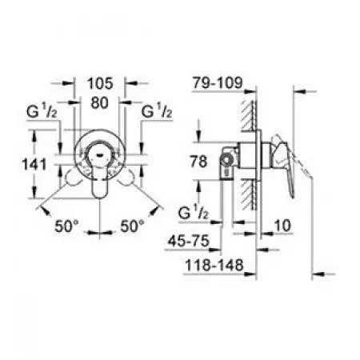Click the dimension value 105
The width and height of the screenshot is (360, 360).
pos(100,83)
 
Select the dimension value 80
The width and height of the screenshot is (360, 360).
pos(100,102)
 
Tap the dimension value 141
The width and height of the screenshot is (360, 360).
pos(34,164)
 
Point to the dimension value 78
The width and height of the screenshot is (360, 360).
pos(198,162)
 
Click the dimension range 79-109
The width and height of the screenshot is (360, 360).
pos(218,82)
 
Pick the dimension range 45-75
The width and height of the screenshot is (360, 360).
pos(189,241)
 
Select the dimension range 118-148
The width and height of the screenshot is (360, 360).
pos(214,266)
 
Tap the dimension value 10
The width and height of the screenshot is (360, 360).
pos(282,226)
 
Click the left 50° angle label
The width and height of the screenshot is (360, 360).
pos(66,226)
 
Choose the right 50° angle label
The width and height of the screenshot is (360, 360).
pos(132,226)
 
